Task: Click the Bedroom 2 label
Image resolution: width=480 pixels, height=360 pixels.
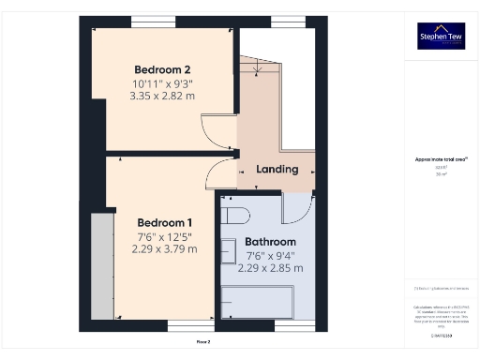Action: tap(162, 69)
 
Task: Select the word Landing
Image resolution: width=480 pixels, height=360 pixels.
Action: tap(277, 170)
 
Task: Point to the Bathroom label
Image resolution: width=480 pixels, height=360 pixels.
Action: tap(270, 242)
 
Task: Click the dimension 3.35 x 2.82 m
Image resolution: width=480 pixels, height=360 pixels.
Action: tap(162, 96)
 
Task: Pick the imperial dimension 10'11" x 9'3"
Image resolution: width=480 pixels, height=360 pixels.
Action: tap(162, 83)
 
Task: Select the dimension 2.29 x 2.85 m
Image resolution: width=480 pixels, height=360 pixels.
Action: tap(270, 268)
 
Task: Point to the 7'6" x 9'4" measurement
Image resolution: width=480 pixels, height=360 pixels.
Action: tap(270, 255)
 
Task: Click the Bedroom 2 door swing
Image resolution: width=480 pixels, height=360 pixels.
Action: tap(217, 129)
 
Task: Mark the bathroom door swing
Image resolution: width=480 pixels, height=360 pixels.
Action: tap(296, 209)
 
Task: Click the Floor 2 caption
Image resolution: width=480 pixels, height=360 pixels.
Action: tap(203, 342)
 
